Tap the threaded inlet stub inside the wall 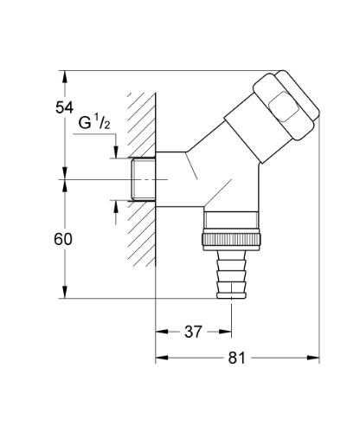click(x=140, y=179)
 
